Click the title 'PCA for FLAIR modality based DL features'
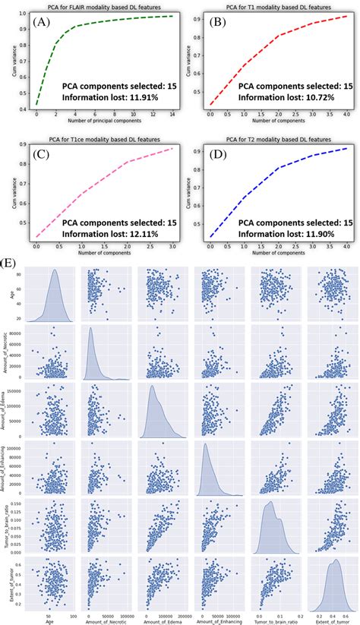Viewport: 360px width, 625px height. coord(95,5)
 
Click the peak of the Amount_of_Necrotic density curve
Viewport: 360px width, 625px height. coord(90,329)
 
